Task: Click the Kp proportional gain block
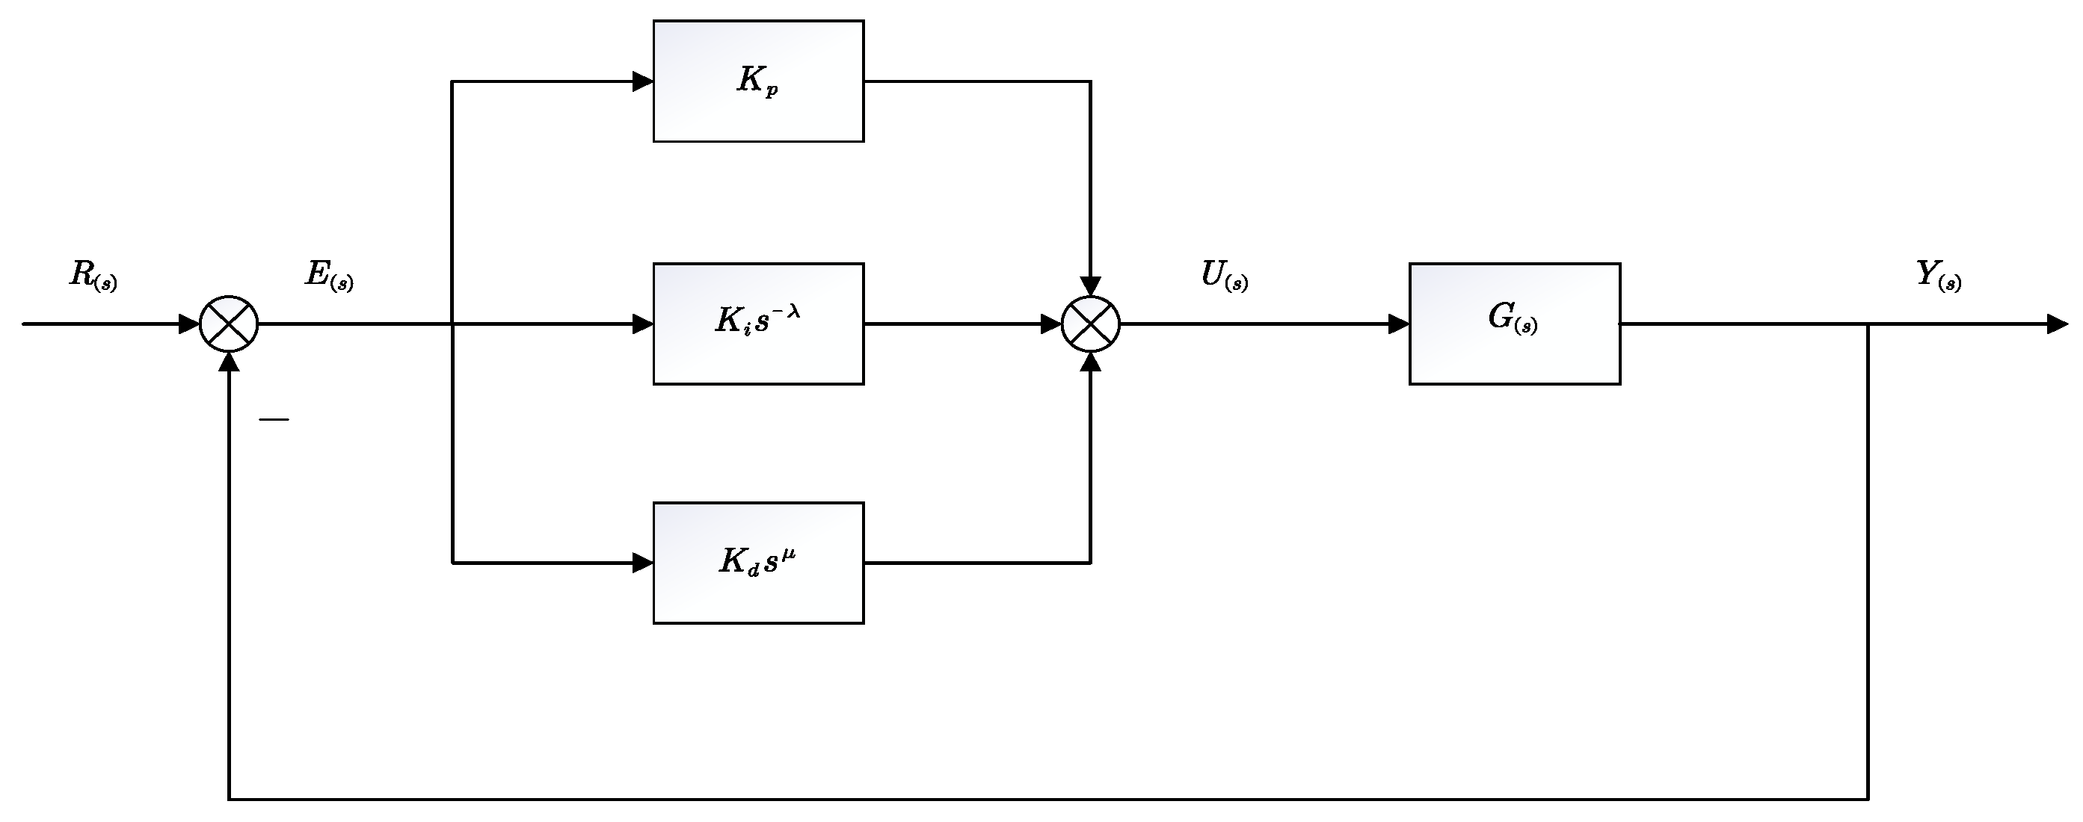[757, 81]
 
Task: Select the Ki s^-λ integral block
[757, 324]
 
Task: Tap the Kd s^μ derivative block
[757, 563]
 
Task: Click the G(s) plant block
[1514, 324]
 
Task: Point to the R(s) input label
[93, 276]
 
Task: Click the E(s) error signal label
[328, 276]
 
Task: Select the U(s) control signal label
[1223, 276]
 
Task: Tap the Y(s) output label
[1938, 276]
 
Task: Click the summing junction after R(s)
[229, 324]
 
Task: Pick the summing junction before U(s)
[1090, 324]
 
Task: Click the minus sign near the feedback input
[274, 419]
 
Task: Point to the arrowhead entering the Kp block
[643, 81]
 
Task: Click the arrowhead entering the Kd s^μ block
[643, 563]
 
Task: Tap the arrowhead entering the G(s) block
[1399, 324]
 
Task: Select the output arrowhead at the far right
[2057, 324]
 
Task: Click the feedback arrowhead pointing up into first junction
[230, 363]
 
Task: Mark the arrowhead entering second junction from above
[1090, 286]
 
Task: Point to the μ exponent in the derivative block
[790, 554]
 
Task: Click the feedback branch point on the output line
[1868, 324]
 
